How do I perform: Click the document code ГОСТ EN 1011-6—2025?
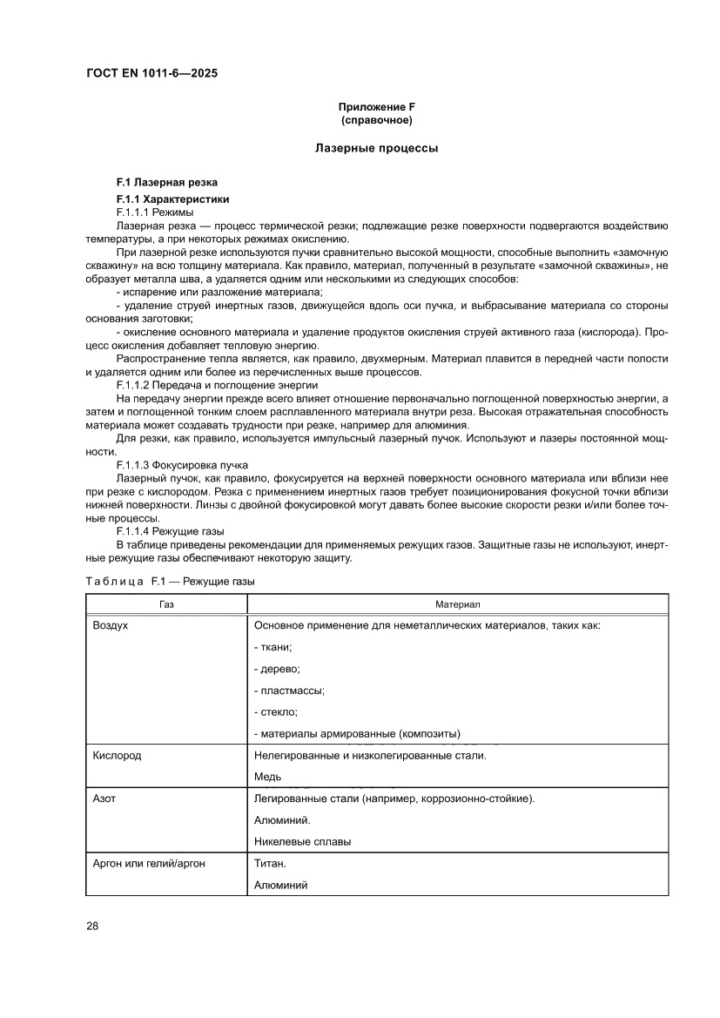151,74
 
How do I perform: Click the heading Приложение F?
376,106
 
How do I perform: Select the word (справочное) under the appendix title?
376,119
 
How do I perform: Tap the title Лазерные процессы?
376,148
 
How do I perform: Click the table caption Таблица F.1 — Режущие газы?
170,580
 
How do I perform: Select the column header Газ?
166,603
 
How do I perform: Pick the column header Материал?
458,603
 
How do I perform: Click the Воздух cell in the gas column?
111,625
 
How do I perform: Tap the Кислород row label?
117,755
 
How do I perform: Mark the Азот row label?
104,798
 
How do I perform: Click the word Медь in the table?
268,777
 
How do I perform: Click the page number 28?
92,926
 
